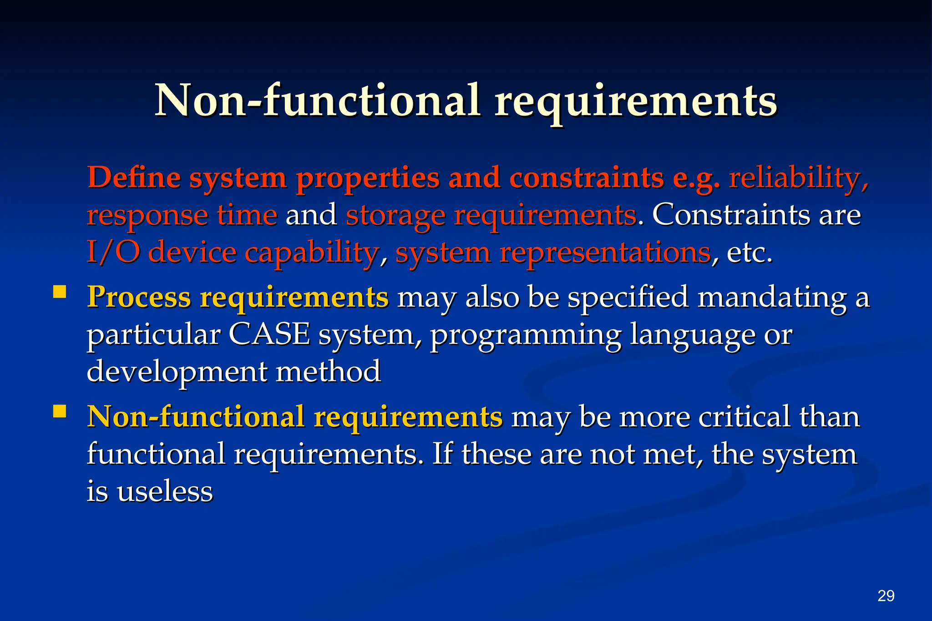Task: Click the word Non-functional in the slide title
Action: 317,100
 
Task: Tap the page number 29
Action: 886,596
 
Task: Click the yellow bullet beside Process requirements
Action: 60,292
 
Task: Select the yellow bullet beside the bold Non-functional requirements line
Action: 60,411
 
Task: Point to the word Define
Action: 134,177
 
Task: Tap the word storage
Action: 395,216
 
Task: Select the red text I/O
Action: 113,252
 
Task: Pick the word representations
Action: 605,253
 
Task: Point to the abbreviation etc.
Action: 749,253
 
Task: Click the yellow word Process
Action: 139,298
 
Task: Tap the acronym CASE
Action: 269,334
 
